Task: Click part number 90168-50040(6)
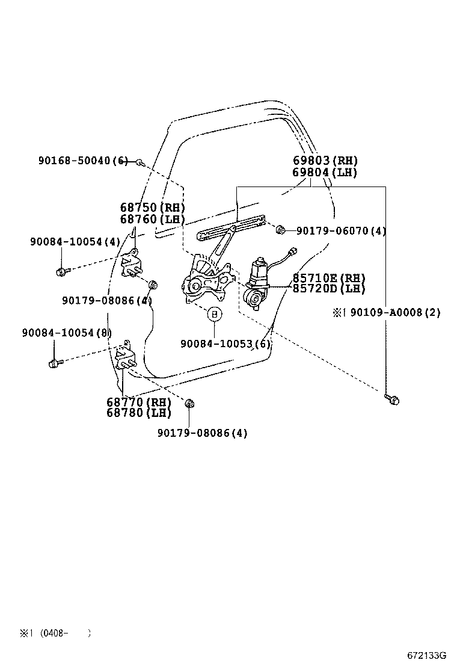(x=83, y=161)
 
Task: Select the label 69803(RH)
(x=325, y=161)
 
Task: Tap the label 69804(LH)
(x=325, y=173)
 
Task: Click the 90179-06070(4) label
(x=340, y=231)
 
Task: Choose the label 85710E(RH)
(x=329, y=278)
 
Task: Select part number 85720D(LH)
(x=329, y=289)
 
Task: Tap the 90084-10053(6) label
(x=225, y=344)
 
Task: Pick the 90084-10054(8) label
(x=67, y=333)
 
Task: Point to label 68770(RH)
(x=139, y=402)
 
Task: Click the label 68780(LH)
(x=139, y=413)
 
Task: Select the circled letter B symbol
(x=214, y=314)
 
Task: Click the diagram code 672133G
(x=426, y=655)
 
